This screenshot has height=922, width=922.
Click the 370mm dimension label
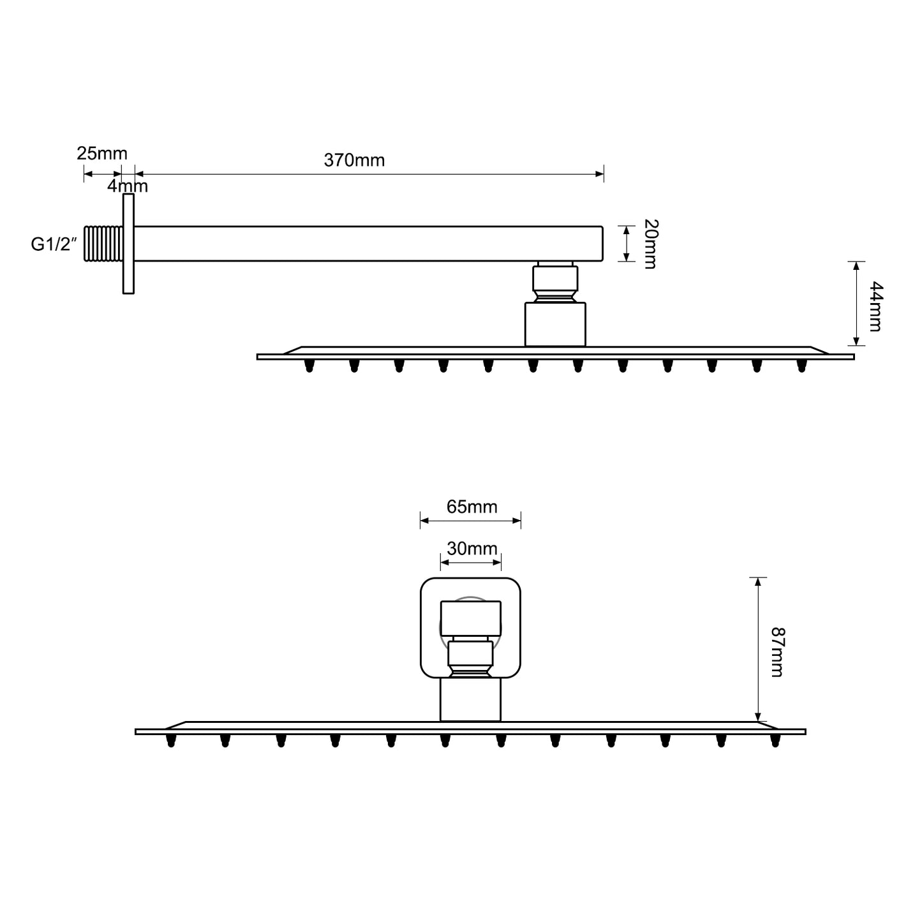pos(354,160)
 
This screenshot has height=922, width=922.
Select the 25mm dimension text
pos(102,154)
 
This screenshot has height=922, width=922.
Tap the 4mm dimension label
pos(127,186)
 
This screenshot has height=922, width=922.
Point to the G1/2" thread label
pos(54,244)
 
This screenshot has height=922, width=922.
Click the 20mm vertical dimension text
pos(651,244)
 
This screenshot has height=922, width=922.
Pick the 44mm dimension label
pos(876,306)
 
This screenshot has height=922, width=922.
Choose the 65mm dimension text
pos(472,507)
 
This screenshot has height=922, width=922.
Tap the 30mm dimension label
pos(472,548)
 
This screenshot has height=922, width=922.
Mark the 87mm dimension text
pos(778,652)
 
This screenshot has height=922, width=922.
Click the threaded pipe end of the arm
pos(103,244)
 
